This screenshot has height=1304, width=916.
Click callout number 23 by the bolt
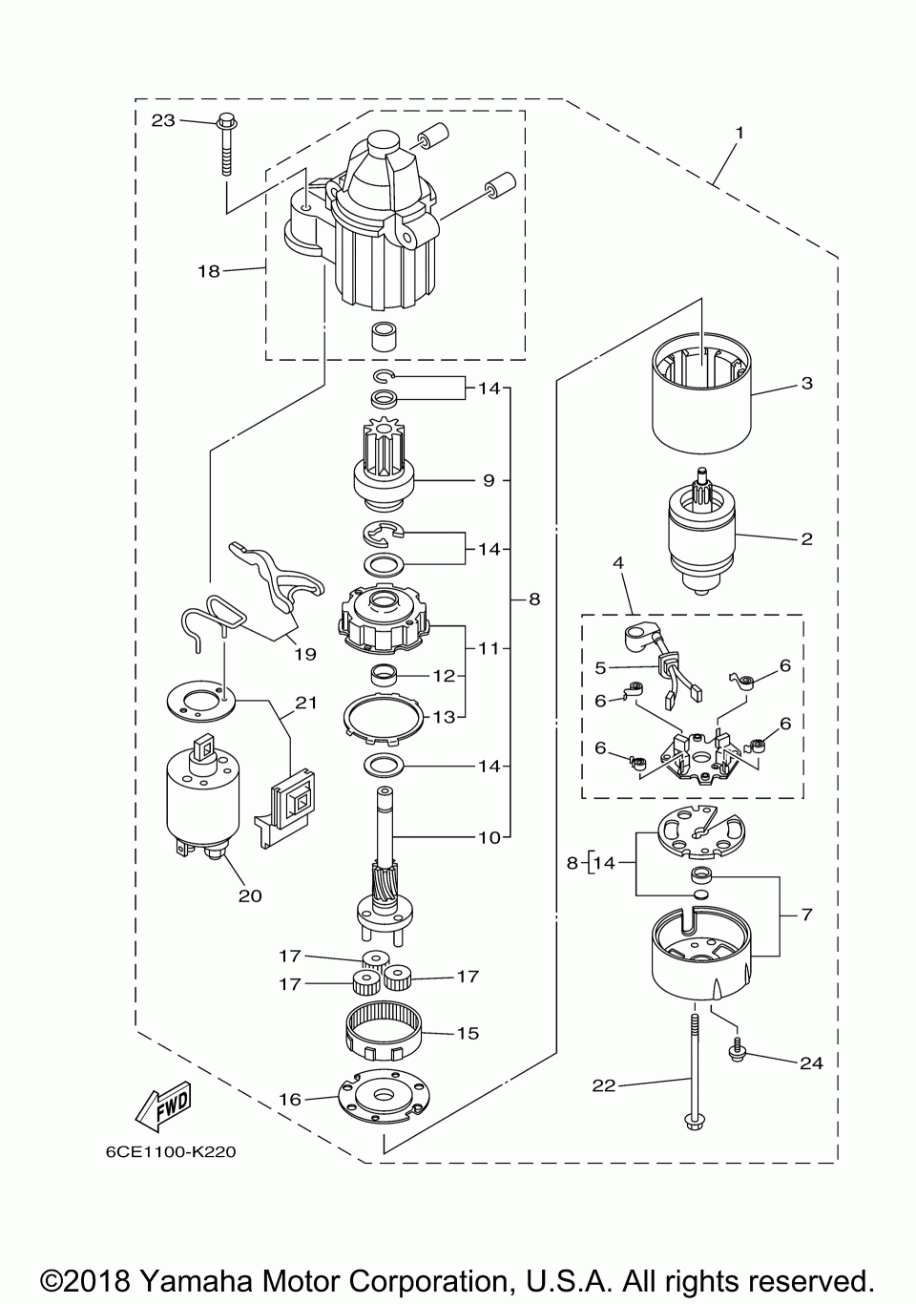point(163,120)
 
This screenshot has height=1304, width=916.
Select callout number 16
point(291,1099)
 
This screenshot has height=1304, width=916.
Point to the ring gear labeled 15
point(384,1036)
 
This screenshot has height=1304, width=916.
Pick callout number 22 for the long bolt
point(603,1085)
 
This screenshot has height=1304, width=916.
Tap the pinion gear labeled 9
point(384,464)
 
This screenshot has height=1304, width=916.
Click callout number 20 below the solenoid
point(250,895)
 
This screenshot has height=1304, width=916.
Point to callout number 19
point(305,654)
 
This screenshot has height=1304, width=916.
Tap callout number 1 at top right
point(739,133)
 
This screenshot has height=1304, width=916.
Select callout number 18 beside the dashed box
point(209,271)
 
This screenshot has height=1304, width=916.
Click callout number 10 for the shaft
point(489,838)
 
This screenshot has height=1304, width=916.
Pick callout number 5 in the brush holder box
point(600,667)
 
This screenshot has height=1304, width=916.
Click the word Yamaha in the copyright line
point(197,1282)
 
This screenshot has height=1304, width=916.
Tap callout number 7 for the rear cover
point(806,915)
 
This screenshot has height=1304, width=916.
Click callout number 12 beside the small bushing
point(444,676)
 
